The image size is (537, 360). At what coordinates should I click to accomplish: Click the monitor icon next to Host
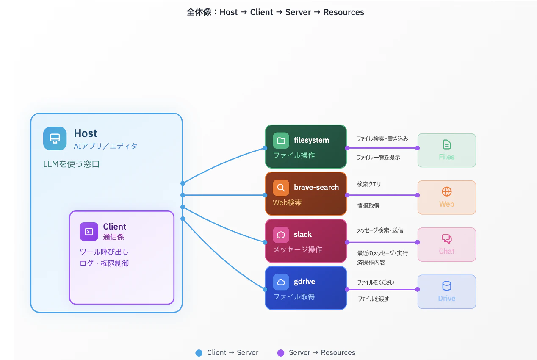click(55, 138)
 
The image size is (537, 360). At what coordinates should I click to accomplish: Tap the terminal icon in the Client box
click(89, 232)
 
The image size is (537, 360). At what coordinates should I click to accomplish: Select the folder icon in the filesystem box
click(281, 141)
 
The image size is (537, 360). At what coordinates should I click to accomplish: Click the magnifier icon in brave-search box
click(281, 188)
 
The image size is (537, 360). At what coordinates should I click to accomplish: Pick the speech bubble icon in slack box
click(281, 235)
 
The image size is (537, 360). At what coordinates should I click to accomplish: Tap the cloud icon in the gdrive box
click(281, 282)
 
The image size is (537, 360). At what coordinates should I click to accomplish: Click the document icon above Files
click(447, 144)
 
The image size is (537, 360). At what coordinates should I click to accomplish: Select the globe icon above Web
click(447, 192)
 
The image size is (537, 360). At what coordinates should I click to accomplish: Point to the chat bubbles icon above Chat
click(447, 239)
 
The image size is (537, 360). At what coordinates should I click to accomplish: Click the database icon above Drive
click(447, 286)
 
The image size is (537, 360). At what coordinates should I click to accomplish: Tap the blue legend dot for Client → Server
click(199, 353)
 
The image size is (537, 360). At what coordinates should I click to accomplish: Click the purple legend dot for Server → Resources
click(281, 353)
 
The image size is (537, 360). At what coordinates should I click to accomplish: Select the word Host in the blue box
click(86, 133)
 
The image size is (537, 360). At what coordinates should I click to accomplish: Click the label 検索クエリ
click(369, 184)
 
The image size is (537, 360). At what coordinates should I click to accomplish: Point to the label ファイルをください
click(376, 282)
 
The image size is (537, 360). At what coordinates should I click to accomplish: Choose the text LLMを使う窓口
click(72, 164)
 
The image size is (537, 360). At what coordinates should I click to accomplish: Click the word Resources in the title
click(344, 12)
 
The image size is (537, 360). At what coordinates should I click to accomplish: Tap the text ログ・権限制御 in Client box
click(104, 263)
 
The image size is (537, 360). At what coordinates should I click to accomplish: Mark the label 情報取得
click(368, 206)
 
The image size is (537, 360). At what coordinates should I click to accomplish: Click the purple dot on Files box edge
click(418, 148)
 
